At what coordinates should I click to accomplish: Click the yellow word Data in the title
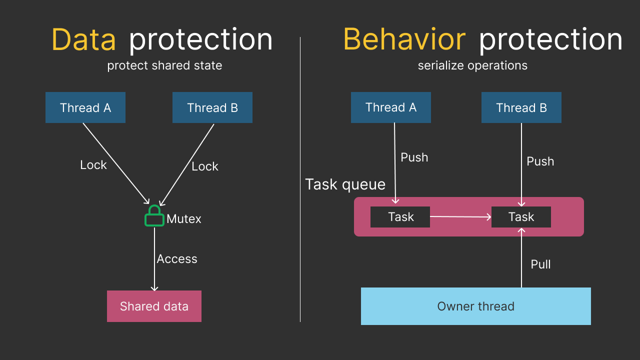pyautogui.click(x=83, y=40)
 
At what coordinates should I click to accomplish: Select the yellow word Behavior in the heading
pyautogui.click(x=404, y=40)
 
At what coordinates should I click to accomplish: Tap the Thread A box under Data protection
pyautogui.click(x=85, y=107)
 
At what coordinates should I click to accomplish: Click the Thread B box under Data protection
pyautogui.click(x=212, y=107)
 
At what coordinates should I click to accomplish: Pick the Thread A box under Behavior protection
pyautogui.click(x=391, y=107)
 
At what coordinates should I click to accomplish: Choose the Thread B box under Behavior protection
pyautogui.click(x=521, y=107)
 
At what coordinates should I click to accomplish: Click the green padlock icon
pyautogui.click(x=154, y=216)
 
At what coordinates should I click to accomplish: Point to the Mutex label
pyautogui.click(x=184, y=219)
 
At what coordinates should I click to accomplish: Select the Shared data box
pyautogui.click(x=154, y=306)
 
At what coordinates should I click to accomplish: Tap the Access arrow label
pyautogui.click(x=177, y=259)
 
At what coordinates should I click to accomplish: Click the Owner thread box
pyautogui.click(x=476, y=306)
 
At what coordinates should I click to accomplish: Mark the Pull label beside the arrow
pyautogui.click(x=540, y=264)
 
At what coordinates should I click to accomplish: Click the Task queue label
pyautogui.click(x=345, y=184)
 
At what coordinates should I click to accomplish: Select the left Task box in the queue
pyautogui.click(x=400, y=217)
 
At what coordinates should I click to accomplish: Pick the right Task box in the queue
pyautogui.click(x=521, y=217)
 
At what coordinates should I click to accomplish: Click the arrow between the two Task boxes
pyautogui.click(x=460, y=217)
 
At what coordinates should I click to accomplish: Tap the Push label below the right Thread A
pyautogui.click(x=414, y=157)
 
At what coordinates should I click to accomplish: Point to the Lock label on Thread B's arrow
pyautogui.click(x=205, y=166)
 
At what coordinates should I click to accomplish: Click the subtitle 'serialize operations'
pyautogui.click(x=472, y=65)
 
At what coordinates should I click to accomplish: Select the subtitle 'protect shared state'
pyautogui.click(x=164, y=65)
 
